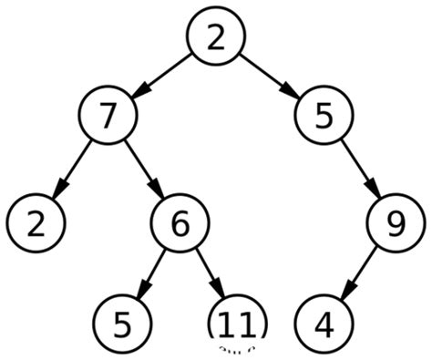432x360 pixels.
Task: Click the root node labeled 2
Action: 215,38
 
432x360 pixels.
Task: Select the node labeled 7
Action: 107,117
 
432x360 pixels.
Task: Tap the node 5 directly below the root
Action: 324,117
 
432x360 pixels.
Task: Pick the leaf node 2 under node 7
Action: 36,221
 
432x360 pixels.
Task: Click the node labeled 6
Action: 180,221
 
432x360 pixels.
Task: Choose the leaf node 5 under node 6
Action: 123,323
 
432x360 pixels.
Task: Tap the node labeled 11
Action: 238,323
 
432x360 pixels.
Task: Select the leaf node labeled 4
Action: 324,323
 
